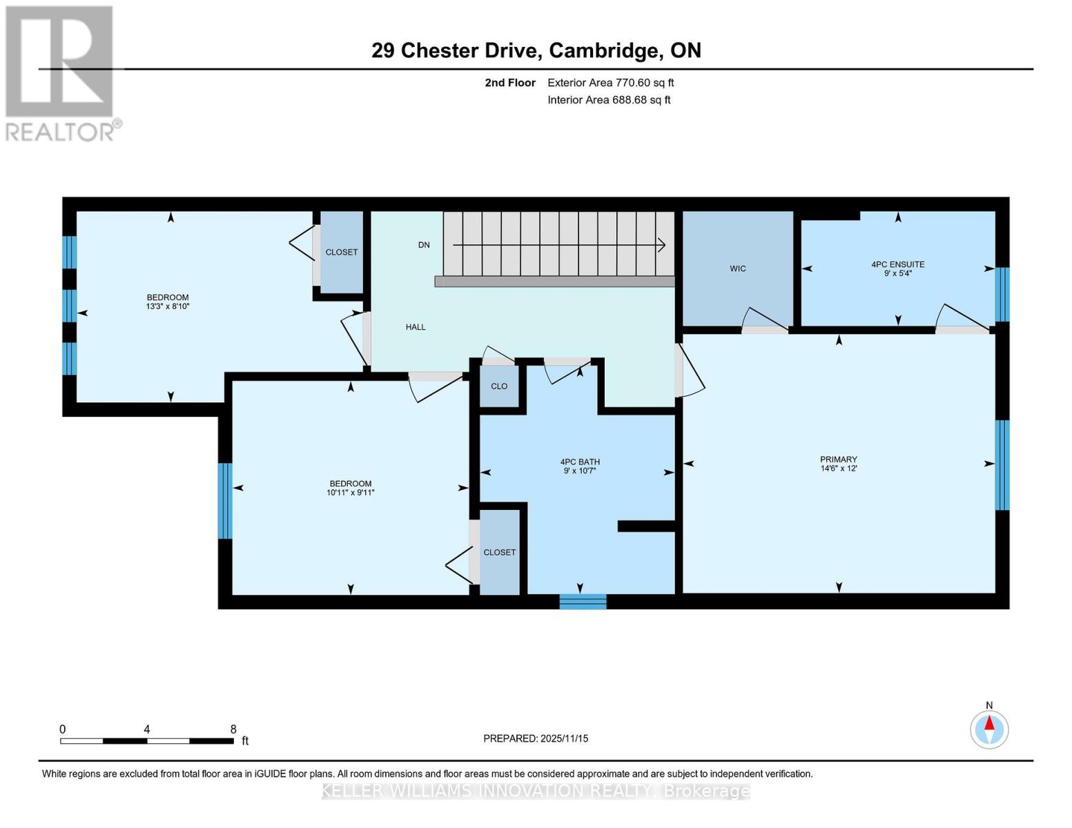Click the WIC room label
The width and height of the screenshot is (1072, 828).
[x=737, y=268]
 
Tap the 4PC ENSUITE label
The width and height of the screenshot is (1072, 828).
[x=897, y=264]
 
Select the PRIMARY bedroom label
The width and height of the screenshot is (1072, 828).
[x=838, y=460]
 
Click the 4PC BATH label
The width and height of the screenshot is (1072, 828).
[x=579, y=462]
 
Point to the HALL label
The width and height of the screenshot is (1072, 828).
[x=416, y=327]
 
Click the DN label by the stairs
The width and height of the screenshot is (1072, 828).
[x=424, y=245]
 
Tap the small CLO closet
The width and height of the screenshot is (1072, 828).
[x=499, y=386]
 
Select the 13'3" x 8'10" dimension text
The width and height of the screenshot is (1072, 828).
[x=168, y=306]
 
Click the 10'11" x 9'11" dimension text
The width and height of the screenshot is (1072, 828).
[x=351, y=493]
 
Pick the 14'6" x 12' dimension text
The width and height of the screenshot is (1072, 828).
[x=838, y=469]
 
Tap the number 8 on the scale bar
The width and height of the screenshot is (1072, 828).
[x=233, y=729]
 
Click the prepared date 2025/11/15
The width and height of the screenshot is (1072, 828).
[x=564, y=738]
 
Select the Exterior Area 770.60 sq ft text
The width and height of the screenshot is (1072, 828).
[x=610, y=83]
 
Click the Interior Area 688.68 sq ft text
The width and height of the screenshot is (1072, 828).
[x=609, y=100]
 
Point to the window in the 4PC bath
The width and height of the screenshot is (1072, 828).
[x=583, y=602]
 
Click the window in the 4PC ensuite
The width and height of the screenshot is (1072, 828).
[x=1002, y=295]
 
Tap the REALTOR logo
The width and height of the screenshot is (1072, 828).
[x=61, y=73]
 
